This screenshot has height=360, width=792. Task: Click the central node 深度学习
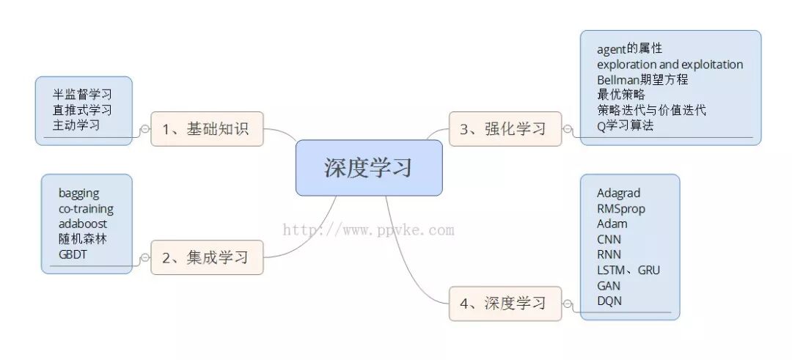(369, 168)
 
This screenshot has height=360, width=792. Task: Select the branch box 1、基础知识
(207, 129)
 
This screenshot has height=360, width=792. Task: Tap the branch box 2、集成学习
(207, 257)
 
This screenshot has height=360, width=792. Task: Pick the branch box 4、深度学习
(505, 303)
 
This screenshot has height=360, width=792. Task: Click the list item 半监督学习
(82, 95)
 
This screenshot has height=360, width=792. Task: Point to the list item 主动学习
(76, 125)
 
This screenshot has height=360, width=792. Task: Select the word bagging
(79, 193)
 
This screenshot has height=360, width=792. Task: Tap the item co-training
(87, 208)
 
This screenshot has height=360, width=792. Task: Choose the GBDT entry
(73, 254)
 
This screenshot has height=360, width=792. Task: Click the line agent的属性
(629, 48)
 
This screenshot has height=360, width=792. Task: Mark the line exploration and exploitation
(670, 65)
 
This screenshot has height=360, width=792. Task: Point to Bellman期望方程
(642, 80)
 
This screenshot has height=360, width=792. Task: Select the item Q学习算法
(625, 125)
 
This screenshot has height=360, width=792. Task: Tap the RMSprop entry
(621, 208)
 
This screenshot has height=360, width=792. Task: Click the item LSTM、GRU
(628, 270)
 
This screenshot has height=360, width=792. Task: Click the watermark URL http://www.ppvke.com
(369, 230)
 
